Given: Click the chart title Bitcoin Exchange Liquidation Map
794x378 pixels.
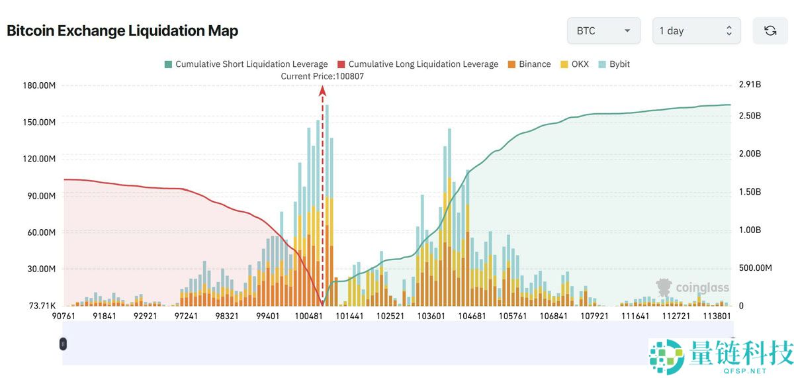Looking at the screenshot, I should click(x=122, y=30).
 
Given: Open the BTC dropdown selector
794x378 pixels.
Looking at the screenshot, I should click(x=603, y=30).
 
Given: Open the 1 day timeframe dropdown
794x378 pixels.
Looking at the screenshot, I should click(x=695, y=30).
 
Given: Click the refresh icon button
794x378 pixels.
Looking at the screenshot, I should click(x=770, y=30).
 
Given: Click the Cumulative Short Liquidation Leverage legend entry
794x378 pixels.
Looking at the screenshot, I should click(x=245, y=64).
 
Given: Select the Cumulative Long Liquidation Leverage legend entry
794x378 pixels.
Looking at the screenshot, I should click(x=418, y=64).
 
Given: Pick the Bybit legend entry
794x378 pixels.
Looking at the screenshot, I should click(x=614, y=64).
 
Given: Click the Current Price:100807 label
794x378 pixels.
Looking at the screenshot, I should click(x=322, y=76).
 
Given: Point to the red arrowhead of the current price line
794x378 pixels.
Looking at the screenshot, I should click(x=323, y=91).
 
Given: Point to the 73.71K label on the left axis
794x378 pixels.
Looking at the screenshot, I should click(x=42, y=306).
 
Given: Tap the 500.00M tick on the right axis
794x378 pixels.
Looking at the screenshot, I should click(x=755, y=268).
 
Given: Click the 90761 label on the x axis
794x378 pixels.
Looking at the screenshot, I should click(x=65, y=316).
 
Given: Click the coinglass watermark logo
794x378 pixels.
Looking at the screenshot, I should click(x=692, y=287).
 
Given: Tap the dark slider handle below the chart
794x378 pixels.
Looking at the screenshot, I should click(x=63, y=344).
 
